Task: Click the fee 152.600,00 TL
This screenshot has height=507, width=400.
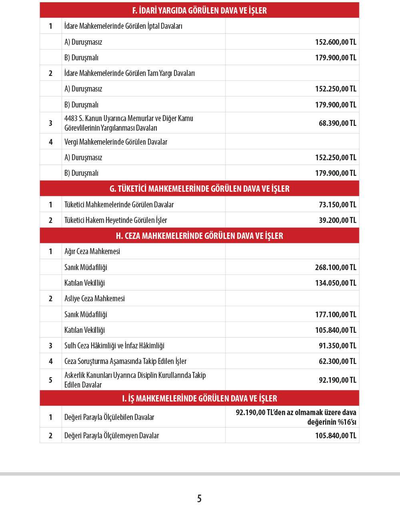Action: [336, 42]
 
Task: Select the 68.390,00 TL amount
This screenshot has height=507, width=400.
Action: [337, 123]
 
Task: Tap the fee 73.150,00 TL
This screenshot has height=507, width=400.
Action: [337, 205]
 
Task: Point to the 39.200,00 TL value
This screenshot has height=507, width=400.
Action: [337, 220]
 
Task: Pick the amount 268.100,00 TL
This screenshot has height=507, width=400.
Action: [336, 267]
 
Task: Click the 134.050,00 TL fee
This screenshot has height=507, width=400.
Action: [336, 283]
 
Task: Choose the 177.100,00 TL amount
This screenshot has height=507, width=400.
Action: [336, 314]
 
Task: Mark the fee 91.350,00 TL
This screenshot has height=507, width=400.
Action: [337, 346]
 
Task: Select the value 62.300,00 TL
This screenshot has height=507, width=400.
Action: [337, 361]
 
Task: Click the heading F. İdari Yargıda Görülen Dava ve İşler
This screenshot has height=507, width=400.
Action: [199, 10]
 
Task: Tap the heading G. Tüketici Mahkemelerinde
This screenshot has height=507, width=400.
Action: [199, 189]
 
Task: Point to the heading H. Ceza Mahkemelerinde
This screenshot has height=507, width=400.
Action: [199, 236]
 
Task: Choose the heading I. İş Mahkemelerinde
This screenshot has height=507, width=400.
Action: [199, 398]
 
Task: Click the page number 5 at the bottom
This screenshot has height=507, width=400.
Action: [199, 498]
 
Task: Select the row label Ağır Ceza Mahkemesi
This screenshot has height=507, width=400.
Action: [92, 251]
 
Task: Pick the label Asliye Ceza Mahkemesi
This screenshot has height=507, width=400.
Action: [94, 298]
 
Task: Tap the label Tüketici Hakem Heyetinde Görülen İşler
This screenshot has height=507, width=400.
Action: [116, 220]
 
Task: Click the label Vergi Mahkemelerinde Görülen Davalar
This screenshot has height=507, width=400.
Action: [116, 142]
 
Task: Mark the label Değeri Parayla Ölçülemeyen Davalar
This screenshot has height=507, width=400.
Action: [112, 435]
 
